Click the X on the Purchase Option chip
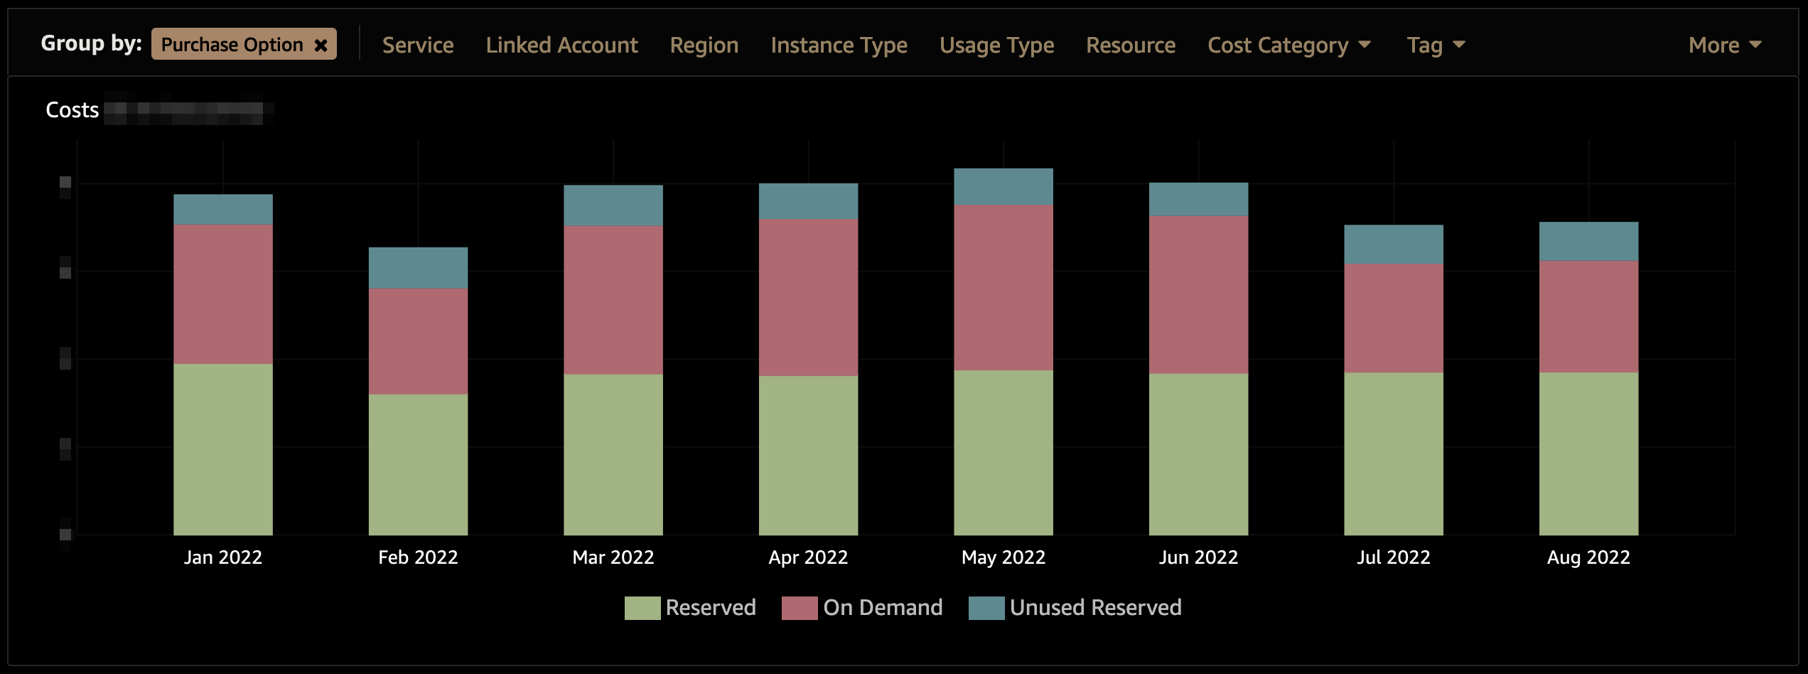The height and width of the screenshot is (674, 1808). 321,46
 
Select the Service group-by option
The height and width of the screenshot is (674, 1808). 418,46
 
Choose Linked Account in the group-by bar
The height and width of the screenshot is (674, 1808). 561,46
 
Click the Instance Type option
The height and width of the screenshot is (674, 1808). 839,46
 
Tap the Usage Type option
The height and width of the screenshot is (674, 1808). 996,46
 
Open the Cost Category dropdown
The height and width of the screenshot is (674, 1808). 1288,46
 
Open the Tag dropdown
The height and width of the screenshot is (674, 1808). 1435,46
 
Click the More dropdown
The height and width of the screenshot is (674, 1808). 1724,46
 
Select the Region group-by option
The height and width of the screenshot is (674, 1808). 704,46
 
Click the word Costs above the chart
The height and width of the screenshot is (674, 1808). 72,110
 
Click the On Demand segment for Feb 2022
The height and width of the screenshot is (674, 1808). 418,341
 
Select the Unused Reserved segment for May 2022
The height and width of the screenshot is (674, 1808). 1003,187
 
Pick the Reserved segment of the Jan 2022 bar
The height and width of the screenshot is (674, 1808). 223,449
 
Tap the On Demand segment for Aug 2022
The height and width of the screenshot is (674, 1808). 1588,316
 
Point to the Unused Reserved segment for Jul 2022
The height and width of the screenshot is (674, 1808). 1393,245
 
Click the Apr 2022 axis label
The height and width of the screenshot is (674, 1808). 808,557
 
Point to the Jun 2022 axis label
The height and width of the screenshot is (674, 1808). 1198,557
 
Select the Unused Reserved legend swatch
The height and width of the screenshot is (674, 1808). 986,609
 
